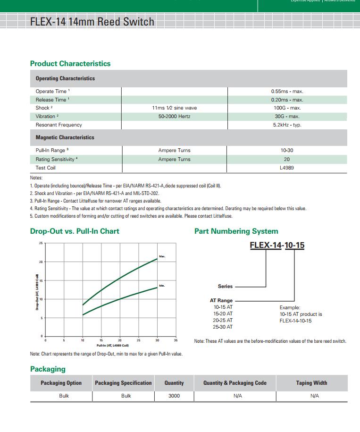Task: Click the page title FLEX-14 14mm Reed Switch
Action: [x=92, y=22]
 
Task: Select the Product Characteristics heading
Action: [x=70, y=64]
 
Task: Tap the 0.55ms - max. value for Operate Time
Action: [x=287, y=91]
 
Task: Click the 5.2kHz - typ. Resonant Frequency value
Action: [x=287, y=125]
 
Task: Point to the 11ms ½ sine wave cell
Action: [x=174, y=108]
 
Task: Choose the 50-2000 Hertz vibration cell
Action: [x=174, y=117]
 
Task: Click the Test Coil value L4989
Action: [x=287, y=168]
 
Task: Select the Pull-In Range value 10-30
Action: [x=287, y=151]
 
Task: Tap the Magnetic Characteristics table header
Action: [x=65, y=137]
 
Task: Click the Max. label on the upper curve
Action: [x=162, y=256]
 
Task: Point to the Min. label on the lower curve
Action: [x=162, y=286]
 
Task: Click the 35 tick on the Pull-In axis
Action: [x=176, y=340]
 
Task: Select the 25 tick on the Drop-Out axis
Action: [x=41, y=243]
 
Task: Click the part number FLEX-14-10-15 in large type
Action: [x=277, y=246]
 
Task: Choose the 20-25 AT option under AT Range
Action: [x=223, y=320]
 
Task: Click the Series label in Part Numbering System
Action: [x=225, y=286]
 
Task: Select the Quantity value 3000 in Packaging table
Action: [x=174, y=396]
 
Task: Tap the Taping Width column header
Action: [x=311, y=383]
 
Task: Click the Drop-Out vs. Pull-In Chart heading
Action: [x=75, y=231]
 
